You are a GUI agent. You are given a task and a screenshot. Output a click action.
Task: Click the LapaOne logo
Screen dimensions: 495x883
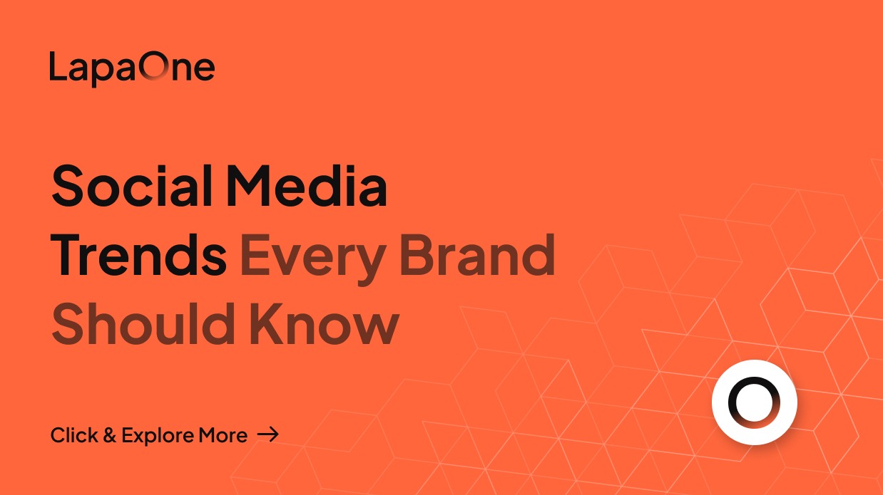[x=132, y=68]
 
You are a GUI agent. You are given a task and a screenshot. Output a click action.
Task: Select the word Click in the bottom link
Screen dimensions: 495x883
[x=73, y=435]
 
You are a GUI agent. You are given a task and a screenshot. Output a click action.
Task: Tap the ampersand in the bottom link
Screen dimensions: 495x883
[x=109, y=435]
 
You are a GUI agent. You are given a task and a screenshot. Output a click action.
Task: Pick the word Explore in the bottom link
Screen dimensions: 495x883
[x=157, y=436]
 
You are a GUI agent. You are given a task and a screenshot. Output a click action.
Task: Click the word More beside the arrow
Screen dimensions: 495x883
[x=223, y=435]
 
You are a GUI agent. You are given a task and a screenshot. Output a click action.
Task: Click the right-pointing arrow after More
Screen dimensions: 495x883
[x=267, y=434]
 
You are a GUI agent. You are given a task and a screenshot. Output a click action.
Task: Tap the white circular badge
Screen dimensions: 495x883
[x=754, y=402]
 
